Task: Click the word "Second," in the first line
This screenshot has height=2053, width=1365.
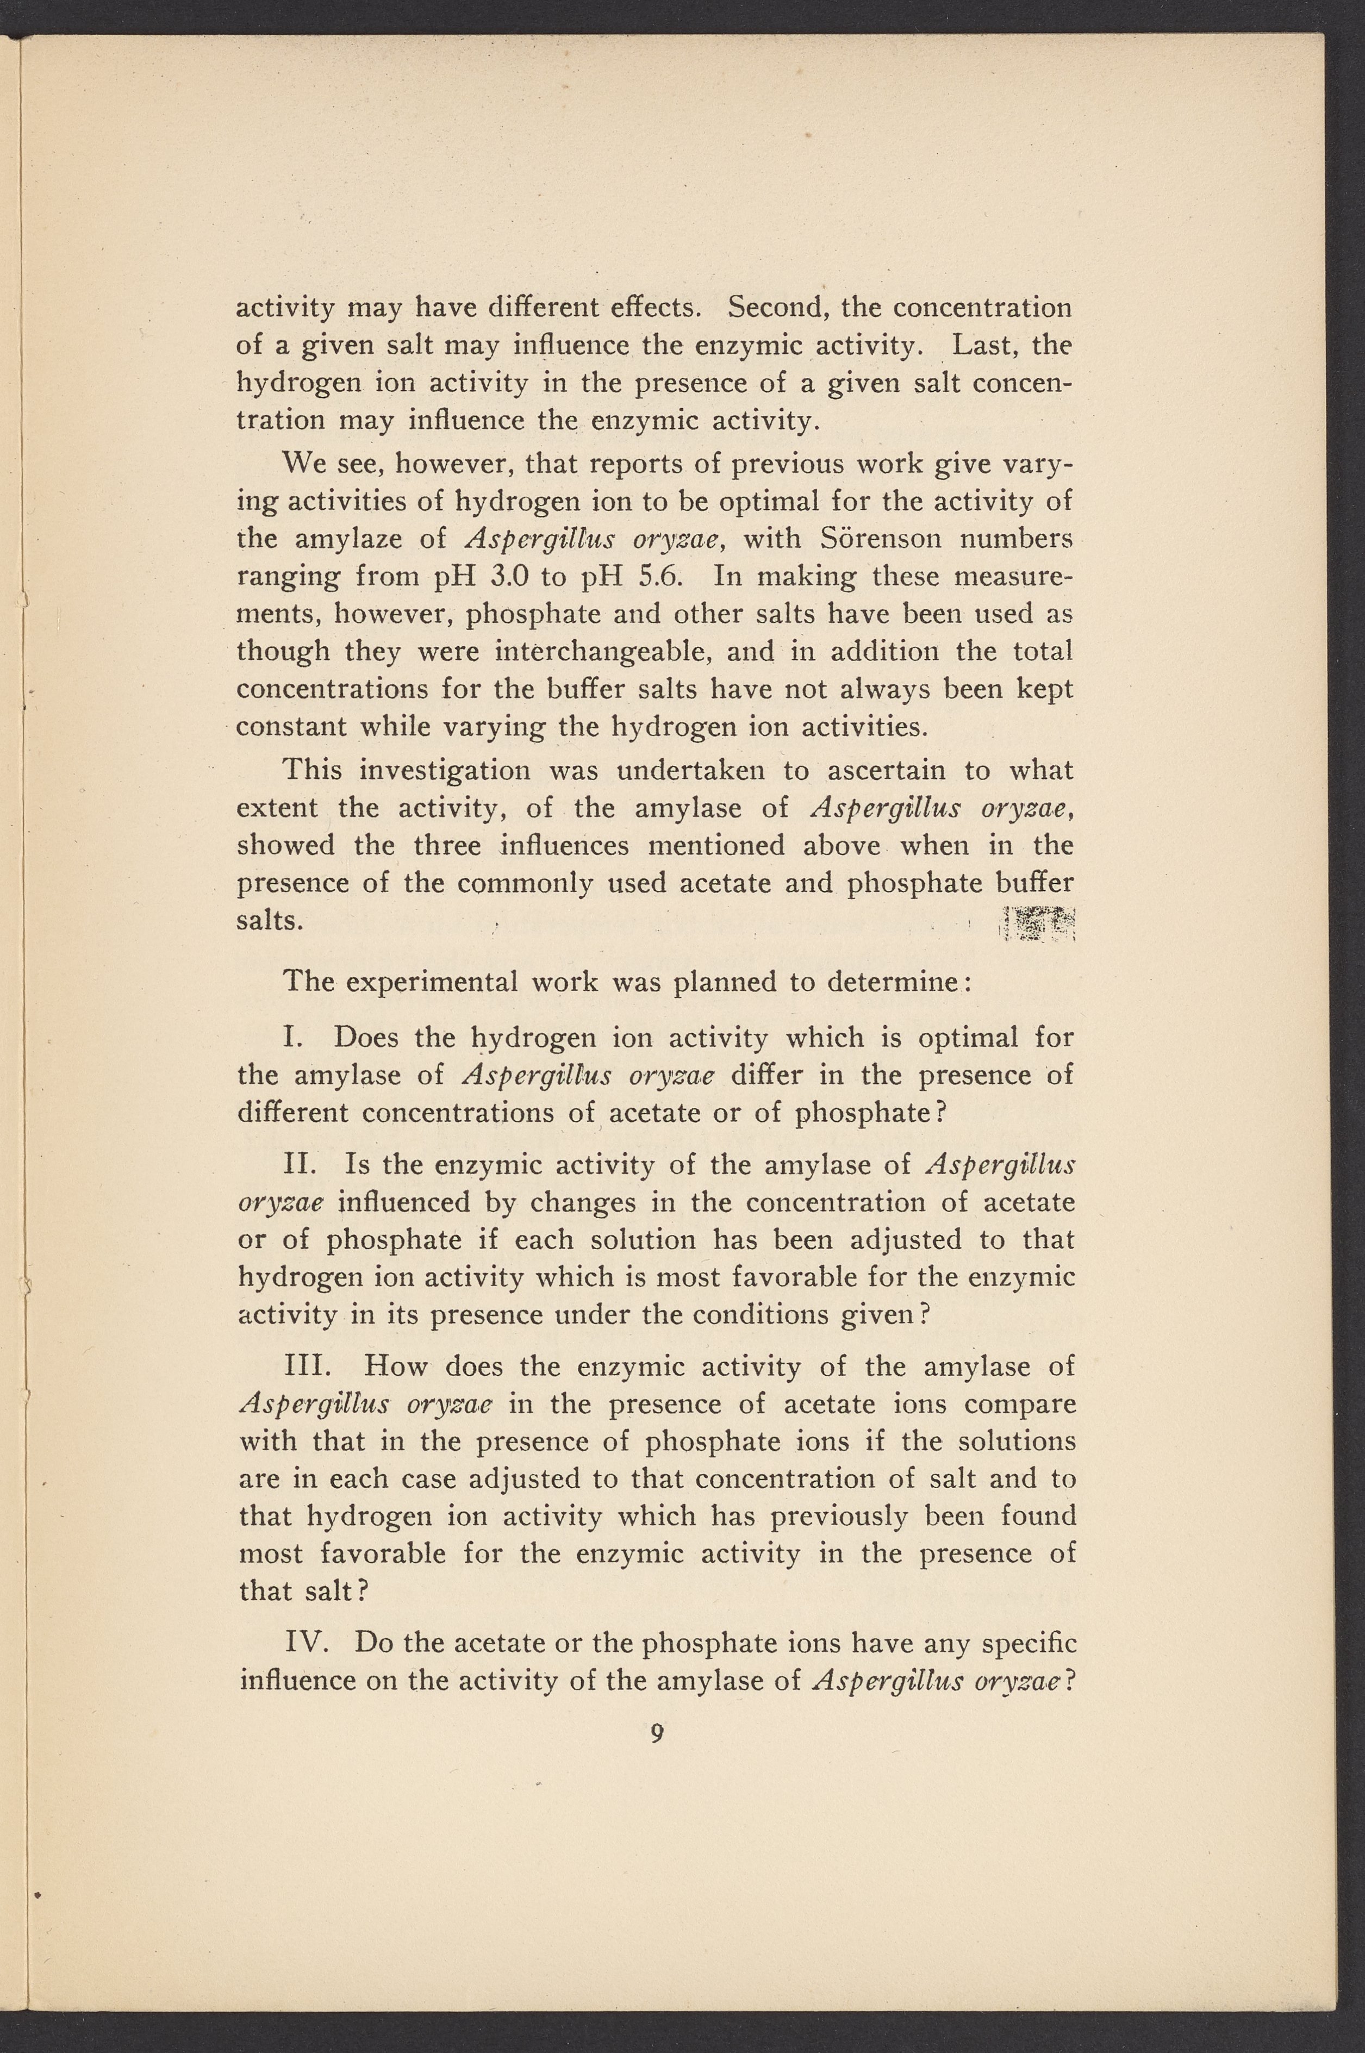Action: (x=777, y=308)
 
